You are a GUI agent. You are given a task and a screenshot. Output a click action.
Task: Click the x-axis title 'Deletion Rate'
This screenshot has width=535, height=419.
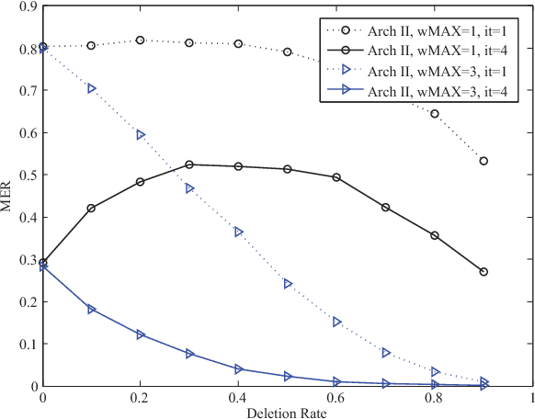pyautogui.click(x=287, y=411)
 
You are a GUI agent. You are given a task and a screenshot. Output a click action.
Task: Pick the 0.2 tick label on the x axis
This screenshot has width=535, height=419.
pyautogui.click(x=141, y=399)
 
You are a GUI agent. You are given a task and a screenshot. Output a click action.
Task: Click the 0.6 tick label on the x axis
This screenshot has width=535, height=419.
pyautogui.click(x=336, y=399)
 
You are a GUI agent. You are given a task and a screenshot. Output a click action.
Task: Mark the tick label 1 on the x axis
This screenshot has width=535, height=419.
pyautogui.click(x=532, y=399)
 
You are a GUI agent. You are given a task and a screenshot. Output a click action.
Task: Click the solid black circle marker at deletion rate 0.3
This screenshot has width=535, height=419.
pyautogui.click(x=189, y=164)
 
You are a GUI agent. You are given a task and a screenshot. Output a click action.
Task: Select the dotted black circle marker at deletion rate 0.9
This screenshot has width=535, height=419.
pyautogui.click(x=484, y=161)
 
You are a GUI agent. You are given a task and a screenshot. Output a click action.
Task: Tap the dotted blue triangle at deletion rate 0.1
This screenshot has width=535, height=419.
pyautogui.click(x=92, y=88)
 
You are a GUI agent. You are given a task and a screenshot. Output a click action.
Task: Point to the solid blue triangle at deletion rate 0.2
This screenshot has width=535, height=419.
pyautogui.click(x=141, y=334)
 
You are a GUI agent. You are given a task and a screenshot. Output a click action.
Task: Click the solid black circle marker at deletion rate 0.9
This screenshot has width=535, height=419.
pyautogui.click(x=484, y=272)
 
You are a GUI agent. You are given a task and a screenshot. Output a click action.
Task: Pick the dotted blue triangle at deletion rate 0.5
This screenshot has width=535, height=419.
pyautogui.click(x=288, y=284)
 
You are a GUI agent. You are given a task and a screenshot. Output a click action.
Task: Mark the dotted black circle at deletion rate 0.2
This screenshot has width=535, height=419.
pyautogui.click(x=141, y=40)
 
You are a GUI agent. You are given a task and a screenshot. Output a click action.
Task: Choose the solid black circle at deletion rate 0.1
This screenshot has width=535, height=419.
pyautogui.click(x=92, y=209)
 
